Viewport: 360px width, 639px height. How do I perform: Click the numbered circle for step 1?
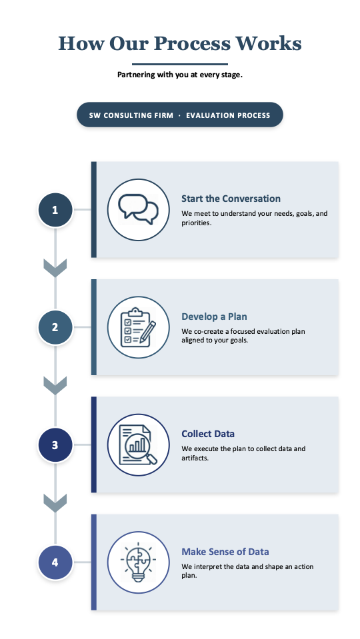(55, 210)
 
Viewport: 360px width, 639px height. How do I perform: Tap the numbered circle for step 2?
(55, 327)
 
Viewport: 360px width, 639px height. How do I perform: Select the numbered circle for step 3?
(55, 445)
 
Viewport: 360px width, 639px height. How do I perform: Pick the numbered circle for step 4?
(55, 562)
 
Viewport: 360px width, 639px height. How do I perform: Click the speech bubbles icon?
(138, 209)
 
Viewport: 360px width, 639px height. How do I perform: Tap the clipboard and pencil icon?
(138, 327)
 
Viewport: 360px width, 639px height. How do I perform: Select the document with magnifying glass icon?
(138, 445)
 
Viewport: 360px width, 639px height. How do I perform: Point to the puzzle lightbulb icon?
(138, 562)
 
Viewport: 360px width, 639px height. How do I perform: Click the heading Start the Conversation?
(231, 199)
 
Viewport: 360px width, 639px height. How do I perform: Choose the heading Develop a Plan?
(214, 317)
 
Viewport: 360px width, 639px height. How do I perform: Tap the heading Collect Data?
(208, 434)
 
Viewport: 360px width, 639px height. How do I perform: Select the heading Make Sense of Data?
(225, 552)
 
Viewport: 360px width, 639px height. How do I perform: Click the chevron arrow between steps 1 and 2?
(55, 268)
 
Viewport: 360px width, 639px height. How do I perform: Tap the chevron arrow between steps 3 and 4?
(55, 503)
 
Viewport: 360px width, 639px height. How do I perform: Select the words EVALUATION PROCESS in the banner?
(228, 115)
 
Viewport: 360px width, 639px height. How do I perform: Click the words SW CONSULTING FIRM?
(131, 115)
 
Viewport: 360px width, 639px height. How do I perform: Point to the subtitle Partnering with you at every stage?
(180, 75)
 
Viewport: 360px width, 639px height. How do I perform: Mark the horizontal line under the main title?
(180, 64)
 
